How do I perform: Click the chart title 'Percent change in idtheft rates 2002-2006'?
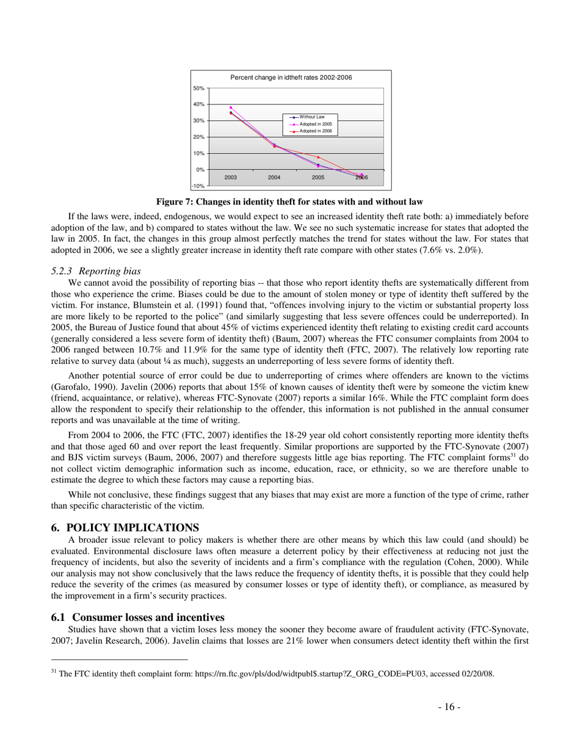tap(291, 78)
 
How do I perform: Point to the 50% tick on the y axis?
tap(200, 89)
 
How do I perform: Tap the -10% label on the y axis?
tap(198, 186)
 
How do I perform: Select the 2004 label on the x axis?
tap(274, 177)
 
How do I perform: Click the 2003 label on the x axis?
tap(230, 177)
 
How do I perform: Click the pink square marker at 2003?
tap(230, 107)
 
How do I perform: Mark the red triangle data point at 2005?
tap(318, 157)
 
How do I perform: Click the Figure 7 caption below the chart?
tap(290, 201)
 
